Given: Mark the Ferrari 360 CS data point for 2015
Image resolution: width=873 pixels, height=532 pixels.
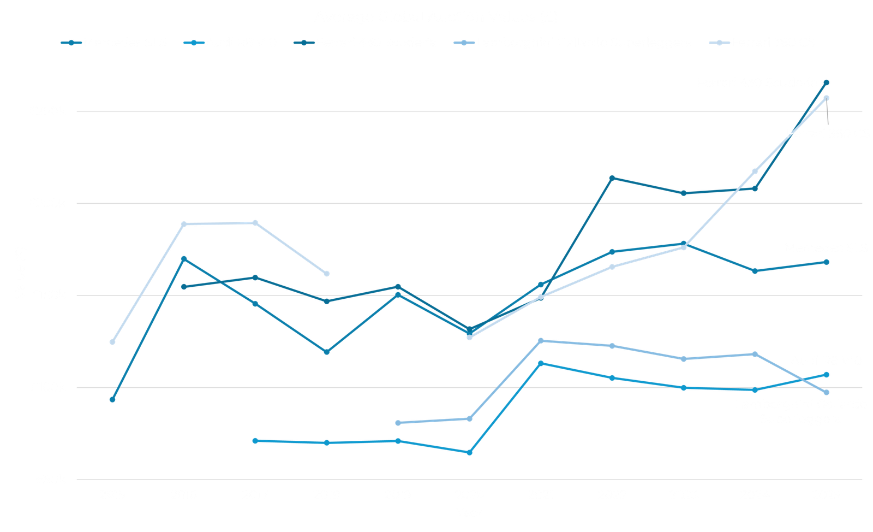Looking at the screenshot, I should click(x=112, y=342).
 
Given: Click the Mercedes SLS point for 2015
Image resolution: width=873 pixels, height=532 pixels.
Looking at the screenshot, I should click(x=112, y=400).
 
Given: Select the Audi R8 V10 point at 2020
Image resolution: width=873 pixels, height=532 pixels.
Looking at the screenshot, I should click(x=469, y=452).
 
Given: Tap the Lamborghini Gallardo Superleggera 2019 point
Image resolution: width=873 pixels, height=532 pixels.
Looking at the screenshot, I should click(x=398, y=423).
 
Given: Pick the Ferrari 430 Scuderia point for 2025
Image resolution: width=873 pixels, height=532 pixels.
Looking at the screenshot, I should click(x=826, y=82).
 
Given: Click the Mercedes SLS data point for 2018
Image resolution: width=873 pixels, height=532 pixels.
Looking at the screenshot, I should click(x=326, y=352).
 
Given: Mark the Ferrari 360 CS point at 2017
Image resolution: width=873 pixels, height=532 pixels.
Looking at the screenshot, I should click(x=255, y=223).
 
